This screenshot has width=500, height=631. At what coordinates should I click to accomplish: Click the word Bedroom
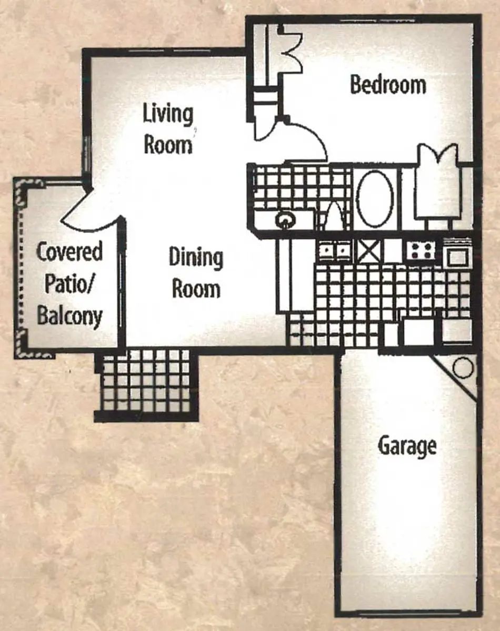pyautogui.click(x=388, y=85)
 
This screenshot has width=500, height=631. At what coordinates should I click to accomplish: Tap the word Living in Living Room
pyautogui.click(x=168, y=115)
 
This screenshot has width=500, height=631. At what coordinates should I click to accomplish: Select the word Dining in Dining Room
pyautogui.click(x=196, y=258)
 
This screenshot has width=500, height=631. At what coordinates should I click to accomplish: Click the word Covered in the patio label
pyautogui.click(x=69, y=251)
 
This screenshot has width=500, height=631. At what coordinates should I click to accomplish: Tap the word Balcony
pyautogui.click(x=70, y=316)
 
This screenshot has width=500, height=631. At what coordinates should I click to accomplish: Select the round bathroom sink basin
pyautogui.click(x=285, y=220)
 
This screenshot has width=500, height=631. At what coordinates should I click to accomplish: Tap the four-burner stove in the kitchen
pyautogui.click(x=421, y=251)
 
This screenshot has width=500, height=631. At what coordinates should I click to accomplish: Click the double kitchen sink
pyautogui.click(x=335, y=251)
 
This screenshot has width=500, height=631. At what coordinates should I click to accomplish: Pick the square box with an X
pyautogui.click(x=369, y=251)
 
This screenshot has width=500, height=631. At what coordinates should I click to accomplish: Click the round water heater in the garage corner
pyautogui.click(x=463, y=367)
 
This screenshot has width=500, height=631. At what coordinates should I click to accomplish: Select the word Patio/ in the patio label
pyautogui.click(x=69, y=284)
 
